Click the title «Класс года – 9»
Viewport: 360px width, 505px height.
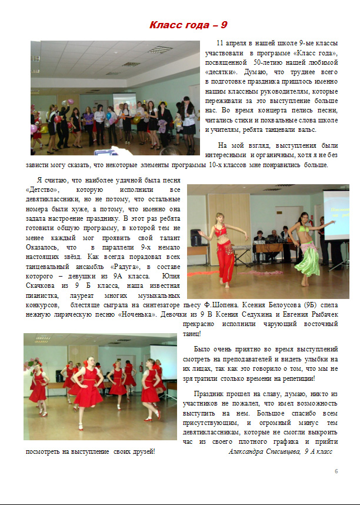pos(188,25)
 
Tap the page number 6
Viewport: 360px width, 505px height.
pos(336,471)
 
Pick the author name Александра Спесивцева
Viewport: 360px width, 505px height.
pos(263,451)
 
